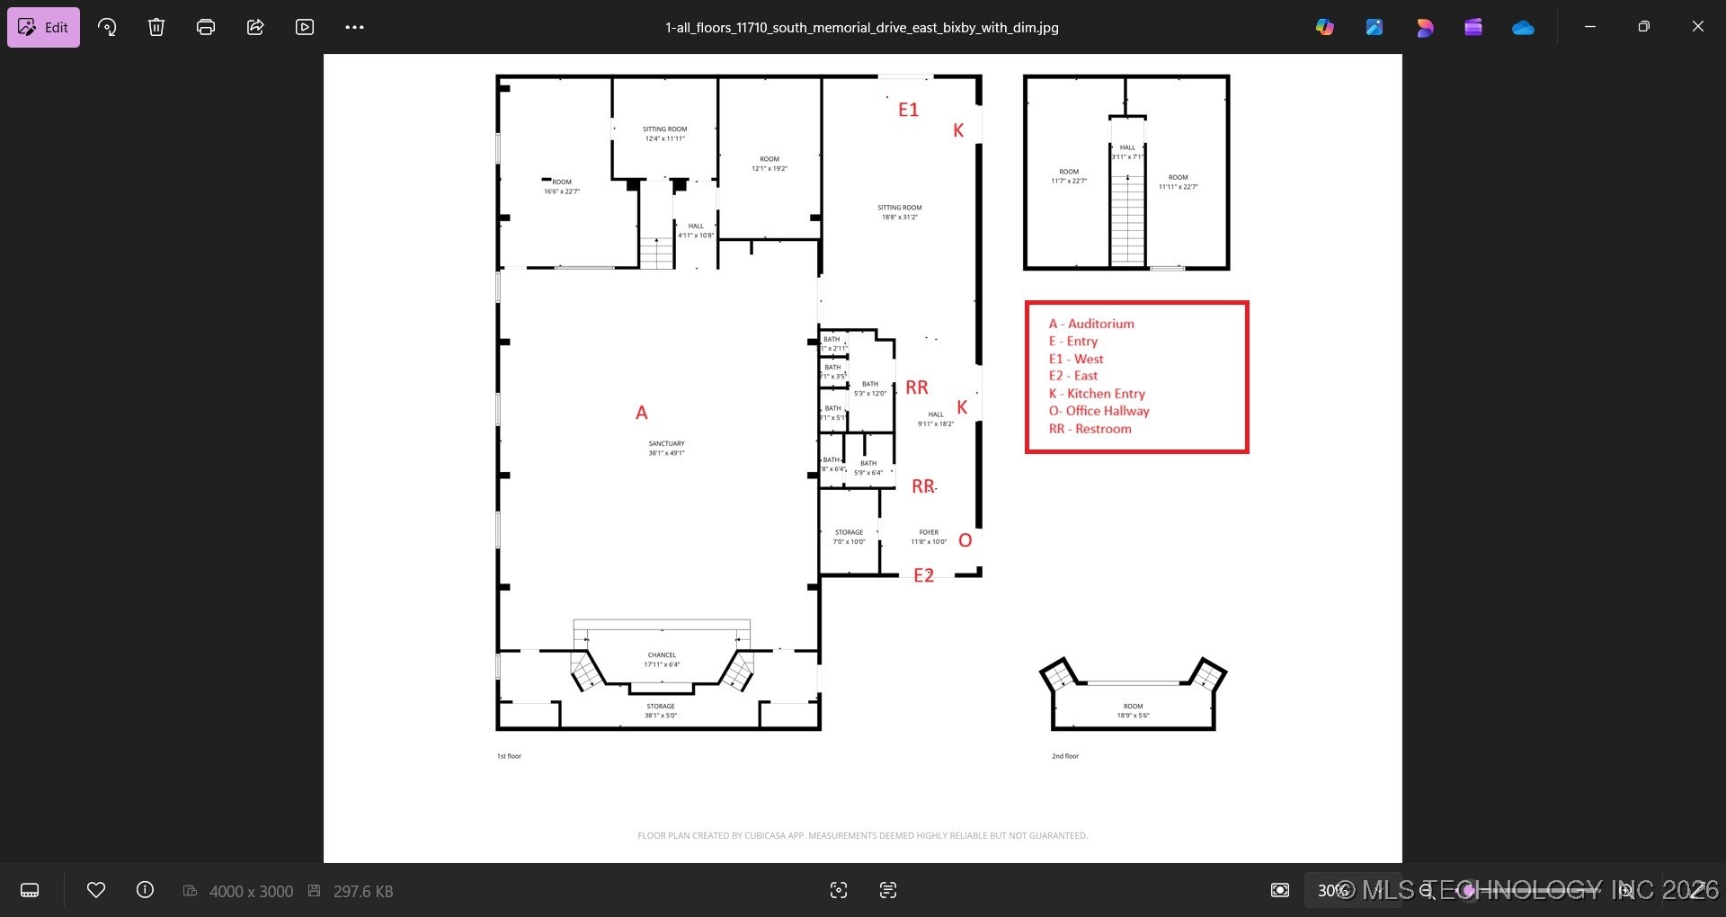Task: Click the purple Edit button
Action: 43,27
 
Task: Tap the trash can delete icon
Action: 156,27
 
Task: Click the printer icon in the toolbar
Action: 206,27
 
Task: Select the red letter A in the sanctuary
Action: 641,413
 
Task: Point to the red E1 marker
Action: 908,110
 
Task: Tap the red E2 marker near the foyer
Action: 923,575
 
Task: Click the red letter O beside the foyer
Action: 965,540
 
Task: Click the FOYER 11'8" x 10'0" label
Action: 929,537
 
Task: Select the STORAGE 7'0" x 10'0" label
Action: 849,537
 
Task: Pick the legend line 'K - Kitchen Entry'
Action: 1097,394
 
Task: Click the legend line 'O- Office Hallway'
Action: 1099,411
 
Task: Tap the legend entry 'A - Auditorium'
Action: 1091,324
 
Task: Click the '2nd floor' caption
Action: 1065,756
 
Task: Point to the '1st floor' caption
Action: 509,756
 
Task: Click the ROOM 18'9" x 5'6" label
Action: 1133,710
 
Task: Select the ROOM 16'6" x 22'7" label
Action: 562,186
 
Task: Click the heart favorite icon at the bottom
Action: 96,890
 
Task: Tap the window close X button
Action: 1697,27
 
